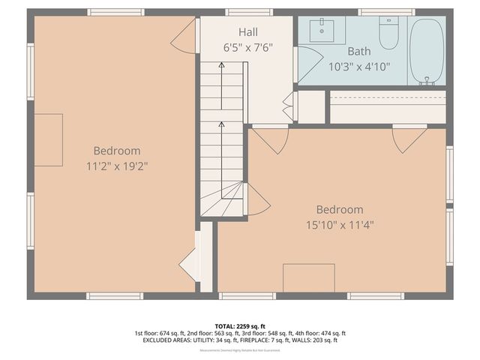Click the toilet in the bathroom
(x=388, y=33)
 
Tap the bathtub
(x=427, y=51)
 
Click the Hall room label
(x=248, y=32)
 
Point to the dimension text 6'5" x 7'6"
(x=248, y=46)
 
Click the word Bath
(x=359, y=51)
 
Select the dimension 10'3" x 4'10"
(x=359, y=65)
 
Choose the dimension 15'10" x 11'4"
(x=339, y=224)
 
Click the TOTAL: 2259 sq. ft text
(x=240, y=325)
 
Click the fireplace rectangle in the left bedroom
(x=48, y=140)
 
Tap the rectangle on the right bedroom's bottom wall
(x=308, y=277)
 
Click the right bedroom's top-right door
(x=409, y=139)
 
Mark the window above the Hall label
(x=249, y=12)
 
